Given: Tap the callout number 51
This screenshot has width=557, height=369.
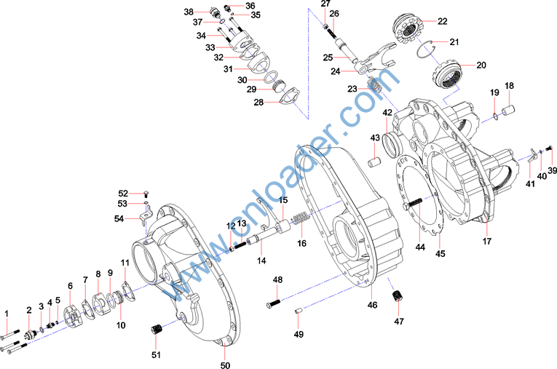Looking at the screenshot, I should pos(154,354).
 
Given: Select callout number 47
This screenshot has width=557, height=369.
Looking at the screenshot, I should pos(398,321).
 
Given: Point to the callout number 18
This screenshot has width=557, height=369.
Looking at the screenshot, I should pos(509,86).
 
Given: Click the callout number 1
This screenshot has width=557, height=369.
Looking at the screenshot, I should pos(7,314).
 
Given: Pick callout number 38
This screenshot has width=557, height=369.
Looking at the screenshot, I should pos(189,12).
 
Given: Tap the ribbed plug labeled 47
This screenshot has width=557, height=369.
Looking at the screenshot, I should pos(398,297).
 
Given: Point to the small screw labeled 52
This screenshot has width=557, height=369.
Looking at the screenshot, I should pos(146,193).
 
